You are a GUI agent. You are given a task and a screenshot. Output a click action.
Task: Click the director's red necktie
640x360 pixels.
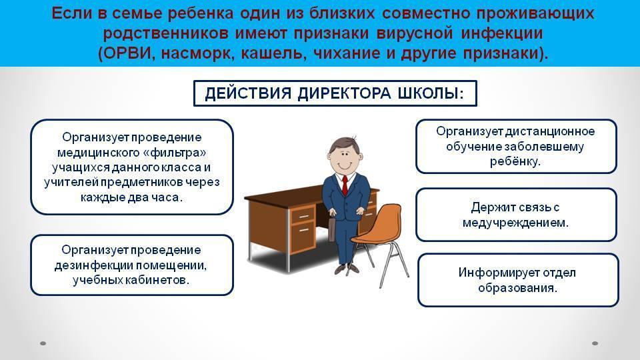(x=345, y=185)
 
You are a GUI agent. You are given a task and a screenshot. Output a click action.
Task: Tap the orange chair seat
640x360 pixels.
(x=369, y=237)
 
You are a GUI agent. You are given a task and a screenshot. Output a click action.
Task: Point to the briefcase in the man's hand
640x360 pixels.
(x=332, y=229)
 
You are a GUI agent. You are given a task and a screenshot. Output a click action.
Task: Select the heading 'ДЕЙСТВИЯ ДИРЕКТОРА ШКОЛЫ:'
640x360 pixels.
(x=334, y=93)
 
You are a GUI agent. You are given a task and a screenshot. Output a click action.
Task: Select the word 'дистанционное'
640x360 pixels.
(x=550, y=131)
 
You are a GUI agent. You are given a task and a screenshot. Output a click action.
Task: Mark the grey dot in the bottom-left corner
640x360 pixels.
(x=43, y=343)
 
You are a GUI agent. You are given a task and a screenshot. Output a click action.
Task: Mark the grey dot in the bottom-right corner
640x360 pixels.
(x=595, y=343)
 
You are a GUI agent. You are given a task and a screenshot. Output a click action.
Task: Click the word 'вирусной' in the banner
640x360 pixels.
(x=414, y=33)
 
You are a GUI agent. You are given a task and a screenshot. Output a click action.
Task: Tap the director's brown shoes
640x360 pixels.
(x=347, y=269)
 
